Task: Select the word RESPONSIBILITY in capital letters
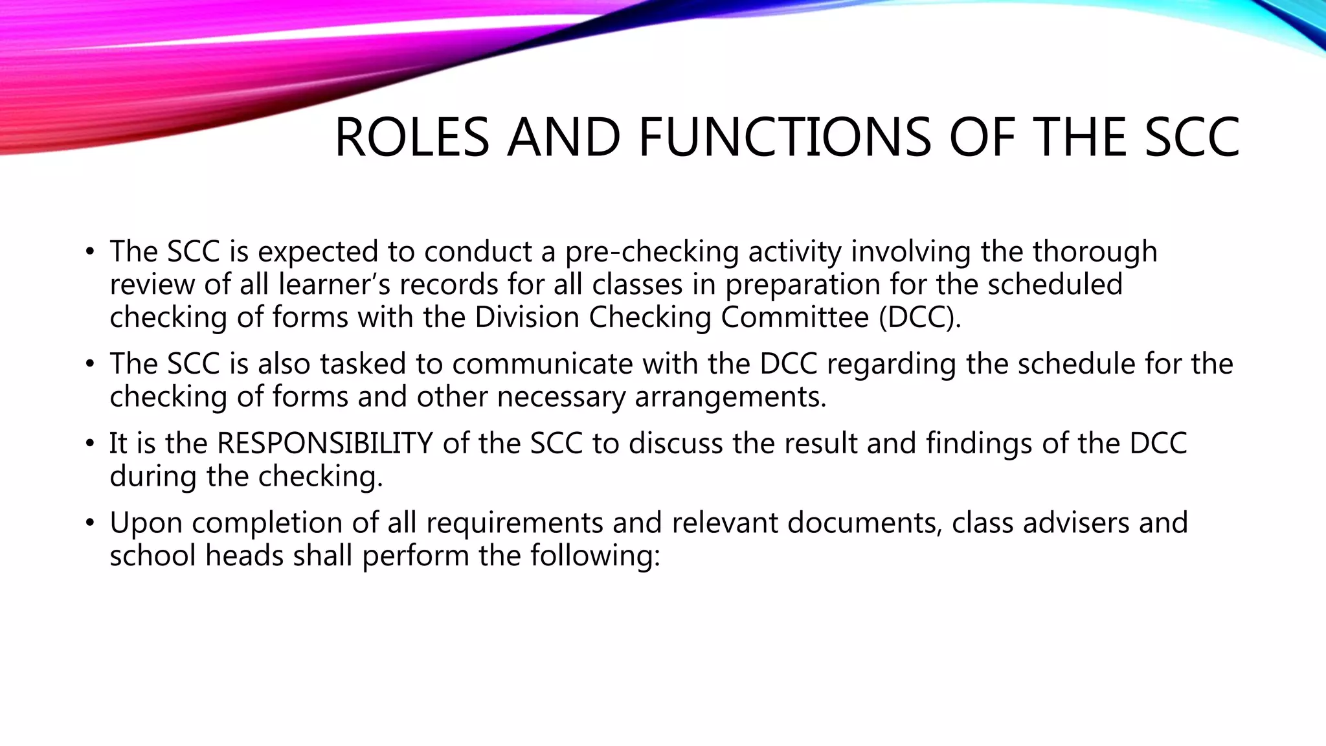324,444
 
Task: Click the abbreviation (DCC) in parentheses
919,317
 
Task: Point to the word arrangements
730,396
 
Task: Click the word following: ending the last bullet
595,556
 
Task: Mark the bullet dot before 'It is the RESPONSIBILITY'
90,444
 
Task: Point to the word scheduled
1055,284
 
